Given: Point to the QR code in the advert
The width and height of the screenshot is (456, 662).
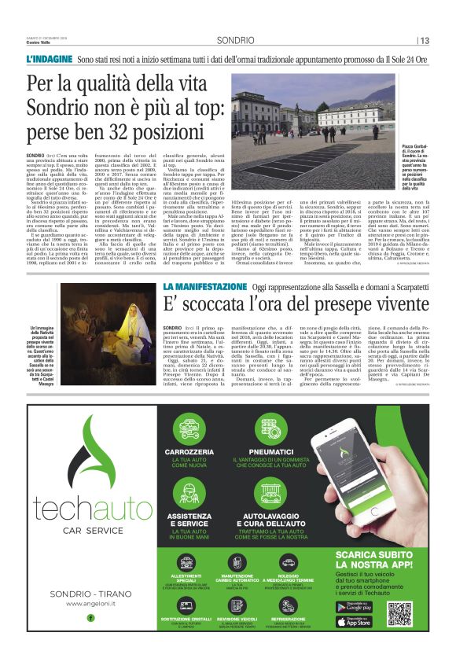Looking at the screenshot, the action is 400,613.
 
